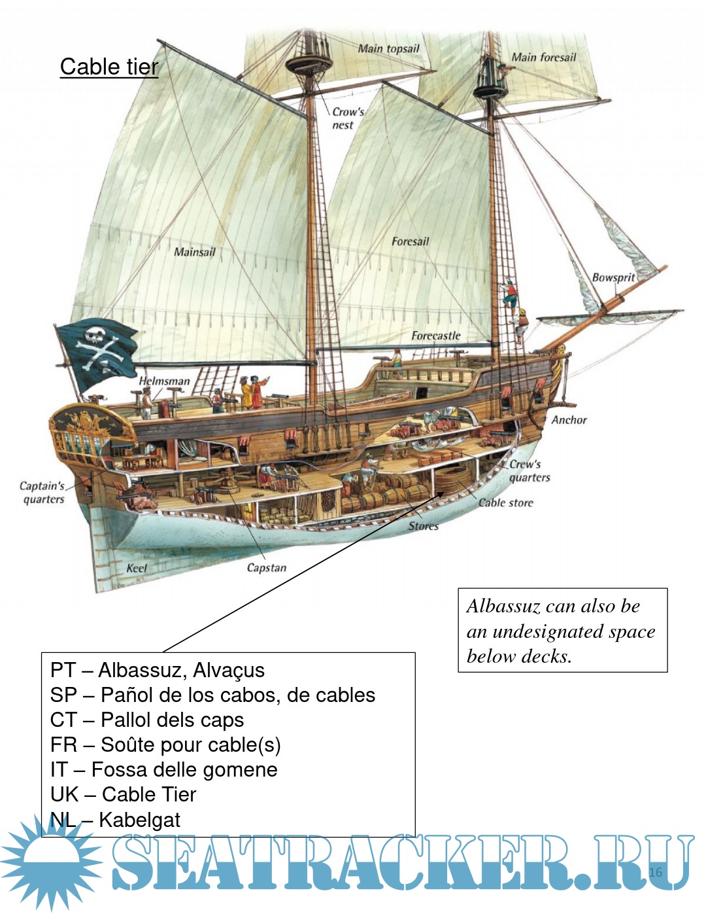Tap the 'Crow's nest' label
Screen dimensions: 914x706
347,118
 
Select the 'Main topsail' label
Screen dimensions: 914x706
388,48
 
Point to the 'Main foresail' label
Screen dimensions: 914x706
543,58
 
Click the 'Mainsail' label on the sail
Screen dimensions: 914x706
194,252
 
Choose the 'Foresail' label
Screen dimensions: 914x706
410,241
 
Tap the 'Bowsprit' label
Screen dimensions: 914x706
613,277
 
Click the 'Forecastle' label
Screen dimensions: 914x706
435,336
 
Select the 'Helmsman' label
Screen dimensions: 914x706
164,381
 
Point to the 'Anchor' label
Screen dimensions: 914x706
569,420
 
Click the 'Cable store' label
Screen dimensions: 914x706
505,502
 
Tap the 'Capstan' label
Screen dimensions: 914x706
266,568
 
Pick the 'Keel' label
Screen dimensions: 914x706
137,568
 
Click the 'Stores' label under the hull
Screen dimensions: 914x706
423,526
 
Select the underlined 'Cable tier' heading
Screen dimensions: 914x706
109,67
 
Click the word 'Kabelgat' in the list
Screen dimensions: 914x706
139,819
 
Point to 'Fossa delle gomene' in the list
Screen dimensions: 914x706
184,769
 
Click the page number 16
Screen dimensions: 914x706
656,872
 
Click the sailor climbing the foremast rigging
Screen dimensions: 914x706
510,293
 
